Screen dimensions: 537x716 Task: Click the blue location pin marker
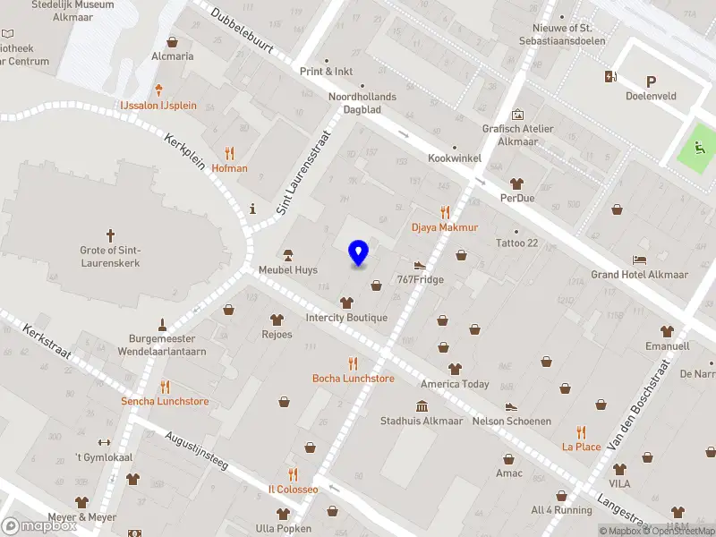359,253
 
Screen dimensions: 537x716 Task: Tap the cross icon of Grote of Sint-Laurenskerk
111,235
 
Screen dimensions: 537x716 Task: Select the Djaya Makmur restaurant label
445,227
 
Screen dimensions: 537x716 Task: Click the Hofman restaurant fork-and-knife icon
230,152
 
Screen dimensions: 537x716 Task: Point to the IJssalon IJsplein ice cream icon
159,89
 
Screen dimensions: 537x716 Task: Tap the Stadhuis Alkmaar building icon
422,405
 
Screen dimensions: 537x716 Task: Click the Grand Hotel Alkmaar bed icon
639,260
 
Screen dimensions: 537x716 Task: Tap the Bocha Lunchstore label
353,379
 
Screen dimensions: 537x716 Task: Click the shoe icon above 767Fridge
420,265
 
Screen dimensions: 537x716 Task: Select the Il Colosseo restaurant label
294,490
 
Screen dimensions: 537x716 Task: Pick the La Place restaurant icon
581,431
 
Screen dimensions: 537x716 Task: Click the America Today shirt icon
455,369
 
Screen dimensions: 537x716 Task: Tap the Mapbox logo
39,525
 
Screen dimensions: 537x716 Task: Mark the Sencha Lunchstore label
165,402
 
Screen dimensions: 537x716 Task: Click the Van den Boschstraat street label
639,405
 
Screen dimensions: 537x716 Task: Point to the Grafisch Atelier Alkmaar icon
517,115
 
